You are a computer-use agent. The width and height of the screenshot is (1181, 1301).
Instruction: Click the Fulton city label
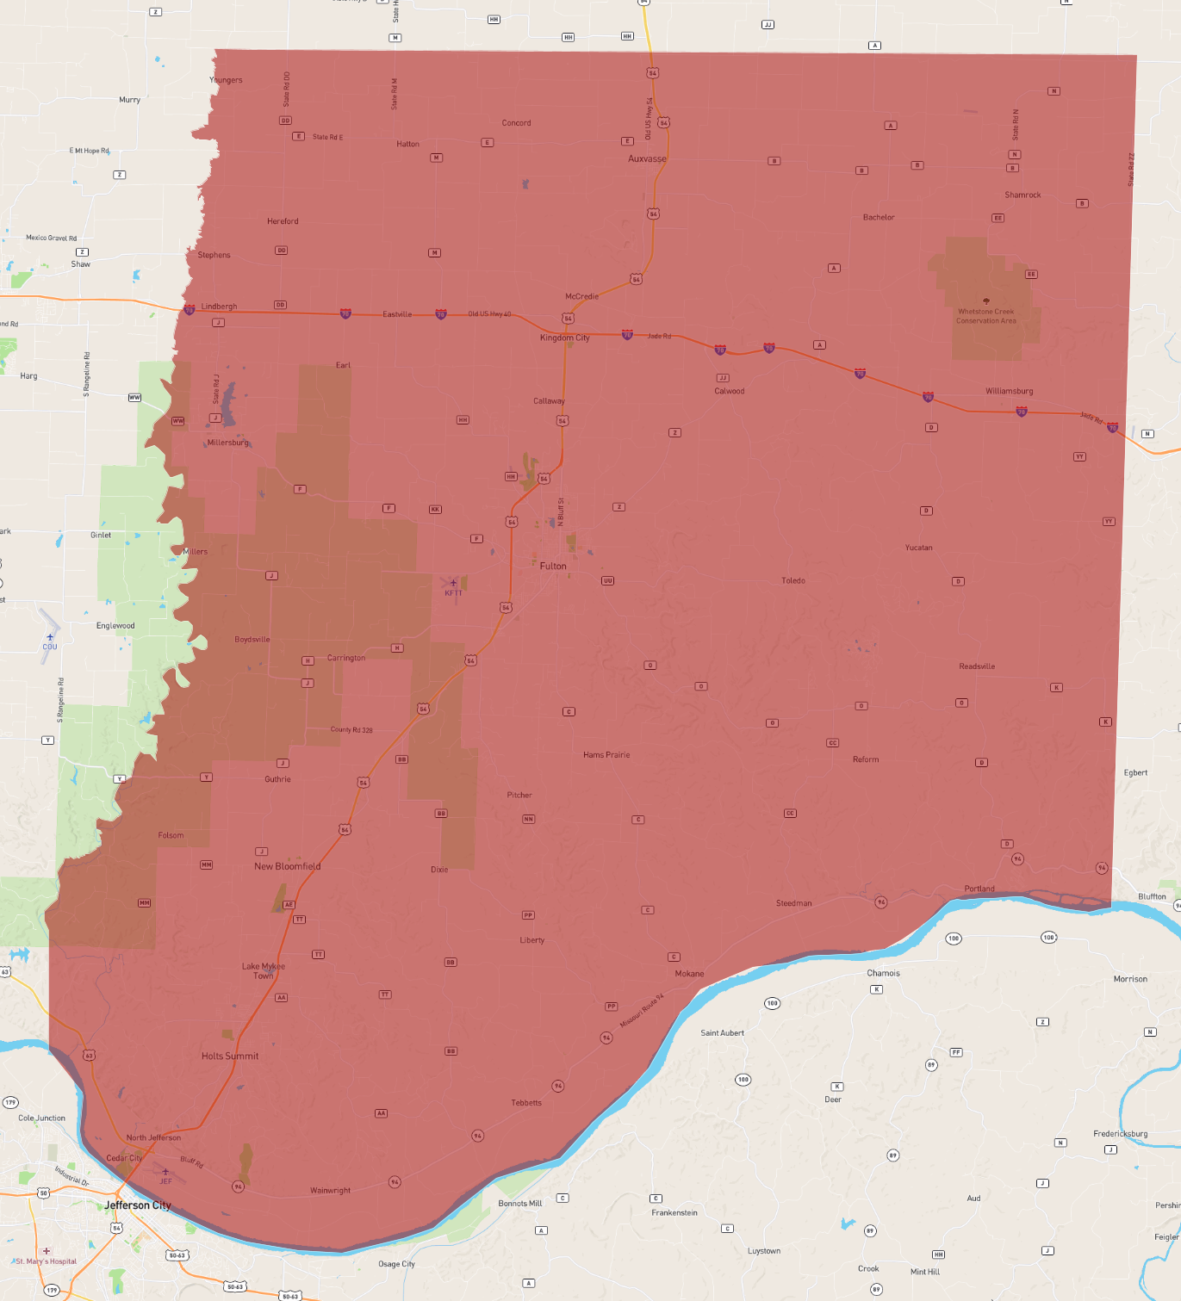(x=553, y=567)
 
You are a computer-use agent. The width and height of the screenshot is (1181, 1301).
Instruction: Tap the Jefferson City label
(x=138, y=1205)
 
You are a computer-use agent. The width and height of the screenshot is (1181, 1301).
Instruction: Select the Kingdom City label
(x=564, y=338)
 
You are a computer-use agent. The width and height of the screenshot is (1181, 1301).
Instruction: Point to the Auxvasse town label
(x=647, y=159)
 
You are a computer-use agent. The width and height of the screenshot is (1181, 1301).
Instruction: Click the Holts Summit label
(x=230, y=1056)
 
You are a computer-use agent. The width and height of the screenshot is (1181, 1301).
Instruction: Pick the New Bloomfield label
(x=287, y=867)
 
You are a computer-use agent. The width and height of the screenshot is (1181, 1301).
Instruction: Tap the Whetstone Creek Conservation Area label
(x=986, y=316)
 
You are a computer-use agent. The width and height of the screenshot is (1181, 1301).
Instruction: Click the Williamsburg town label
(x=1009, y=392)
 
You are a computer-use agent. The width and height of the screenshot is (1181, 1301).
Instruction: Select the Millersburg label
(x=228, y=443)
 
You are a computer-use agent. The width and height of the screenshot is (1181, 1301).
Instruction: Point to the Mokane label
(x=689, y=974)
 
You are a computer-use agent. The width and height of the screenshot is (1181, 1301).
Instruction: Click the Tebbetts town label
(x=526, y=1103)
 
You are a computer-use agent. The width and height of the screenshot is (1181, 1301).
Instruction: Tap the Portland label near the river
(x=979, y=889)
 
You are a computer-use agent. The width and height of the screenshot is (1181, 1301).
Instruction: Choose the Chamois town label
(x=883, y=973)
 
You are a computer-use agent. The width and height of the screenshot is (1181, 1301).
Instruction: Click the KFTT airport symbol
(x=453, y=584)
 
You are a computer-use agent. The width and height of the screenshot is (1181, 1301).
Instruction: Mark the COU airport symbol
(x=50, y=638)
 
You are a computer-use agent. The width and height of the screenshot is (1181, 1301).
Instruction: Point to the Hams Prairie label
(x=606, y=755)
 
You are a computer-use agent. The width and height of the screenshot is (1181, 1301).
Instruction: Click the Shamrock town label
(x=1022, y=195)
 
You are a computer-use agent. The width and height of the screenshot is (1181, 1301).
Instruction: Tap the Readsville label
(x=977, y=666)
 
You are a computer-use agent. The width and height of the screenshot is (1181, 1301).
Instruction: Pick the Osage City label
(x=396, y=1264)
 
